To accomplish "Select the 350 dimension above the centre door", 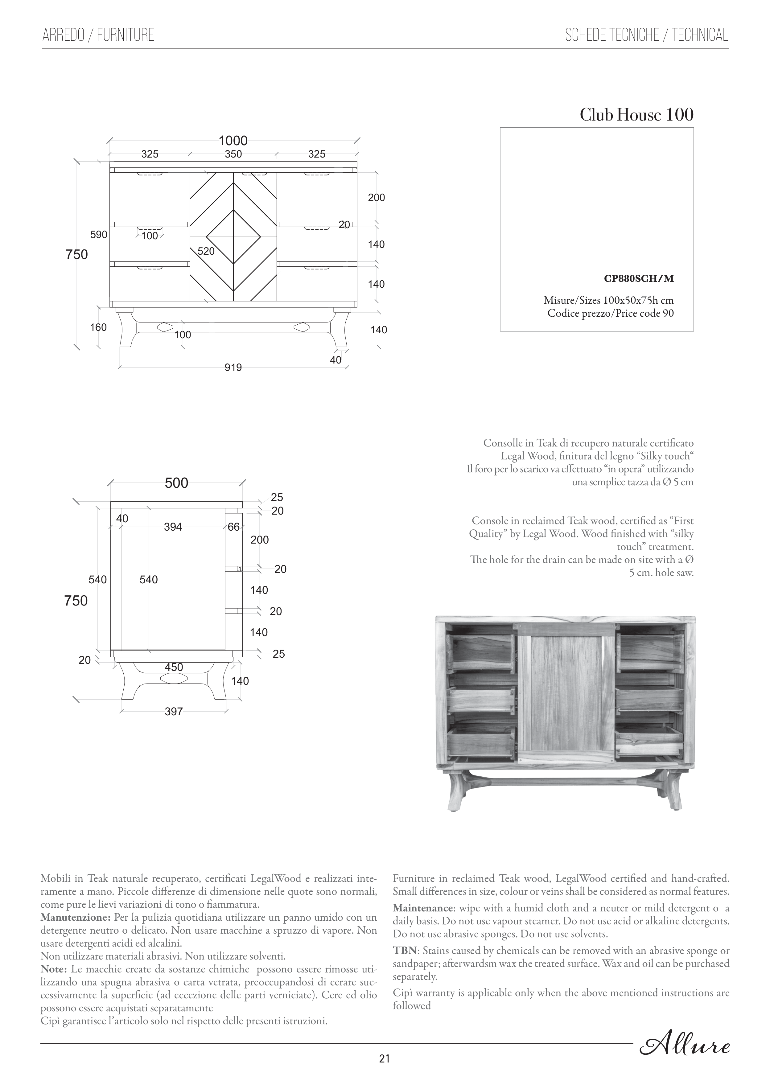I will (233, 154).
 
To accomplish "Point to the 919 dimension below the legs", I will (233, 368).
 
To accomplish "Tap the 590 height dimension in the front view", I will (99, 235).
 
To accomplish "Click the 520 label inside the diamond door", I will (206, 251).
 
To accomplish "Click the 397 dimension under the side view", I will (174, 711).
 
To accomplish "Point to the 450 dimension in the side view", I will (174, 667).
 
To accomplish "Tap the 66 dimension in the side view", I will (233, 527).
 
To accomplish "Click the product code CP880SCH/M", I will (639, 279).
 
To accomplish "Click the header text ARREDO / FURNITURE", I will (98, 35).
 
